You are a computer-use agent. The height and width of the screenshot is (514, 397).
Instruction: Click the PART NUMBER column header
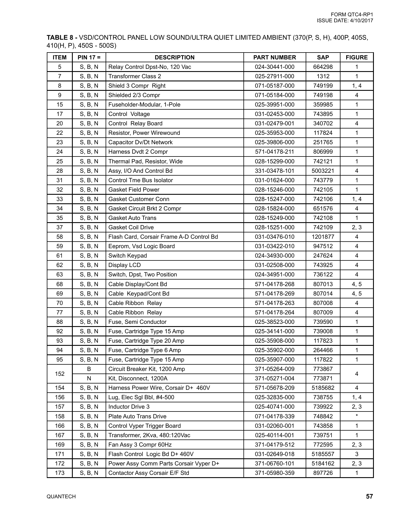(275, 57)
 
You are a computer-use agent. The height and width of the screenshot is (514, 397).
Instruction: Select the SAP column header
(323, 57)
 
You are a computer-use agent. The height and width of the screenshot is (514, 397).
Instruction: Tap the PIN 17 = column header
(89, 57)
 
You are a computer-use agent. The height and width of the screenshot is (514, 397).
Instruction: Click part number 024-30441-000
(275, 67)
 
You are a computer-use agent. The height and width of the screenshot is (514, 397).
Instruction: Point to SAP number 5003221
(323, 171)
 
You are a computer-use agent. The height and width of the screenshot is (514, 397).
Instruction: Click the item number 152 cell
(60, 374)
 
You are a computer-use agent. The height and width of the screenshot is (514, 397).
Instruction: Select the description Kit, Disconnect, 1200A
(138, 378)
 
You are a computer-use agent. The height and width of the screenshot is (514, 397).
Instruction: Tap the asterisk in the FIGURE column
(357, 416)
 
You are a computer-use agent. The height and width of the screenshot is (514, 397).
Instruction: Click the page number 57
(369, 496)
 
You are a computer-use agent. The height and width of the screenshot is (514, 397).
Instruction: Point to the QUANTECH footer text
(61, 497)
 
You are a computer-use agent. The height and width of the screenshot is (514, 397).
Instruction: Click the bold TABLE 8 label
(62, 38)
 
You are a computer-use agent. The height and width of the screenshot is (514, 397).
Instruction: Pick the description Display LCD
(124, 265)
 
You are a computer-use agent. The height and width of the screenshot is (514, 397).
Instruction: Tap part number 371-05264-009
(275, 369)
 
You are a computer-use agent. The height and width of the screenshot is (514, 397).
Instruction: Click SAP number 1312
(323, 76)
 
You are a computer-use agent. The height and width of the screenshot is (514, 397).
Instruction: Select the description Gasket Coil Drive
(131, 227)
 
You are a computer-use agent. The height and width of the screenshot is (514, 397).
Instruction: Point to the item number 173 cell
(60, 473)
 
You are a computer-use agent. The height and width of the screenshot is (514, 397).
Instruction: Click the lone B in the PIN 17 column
(89, 369)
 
